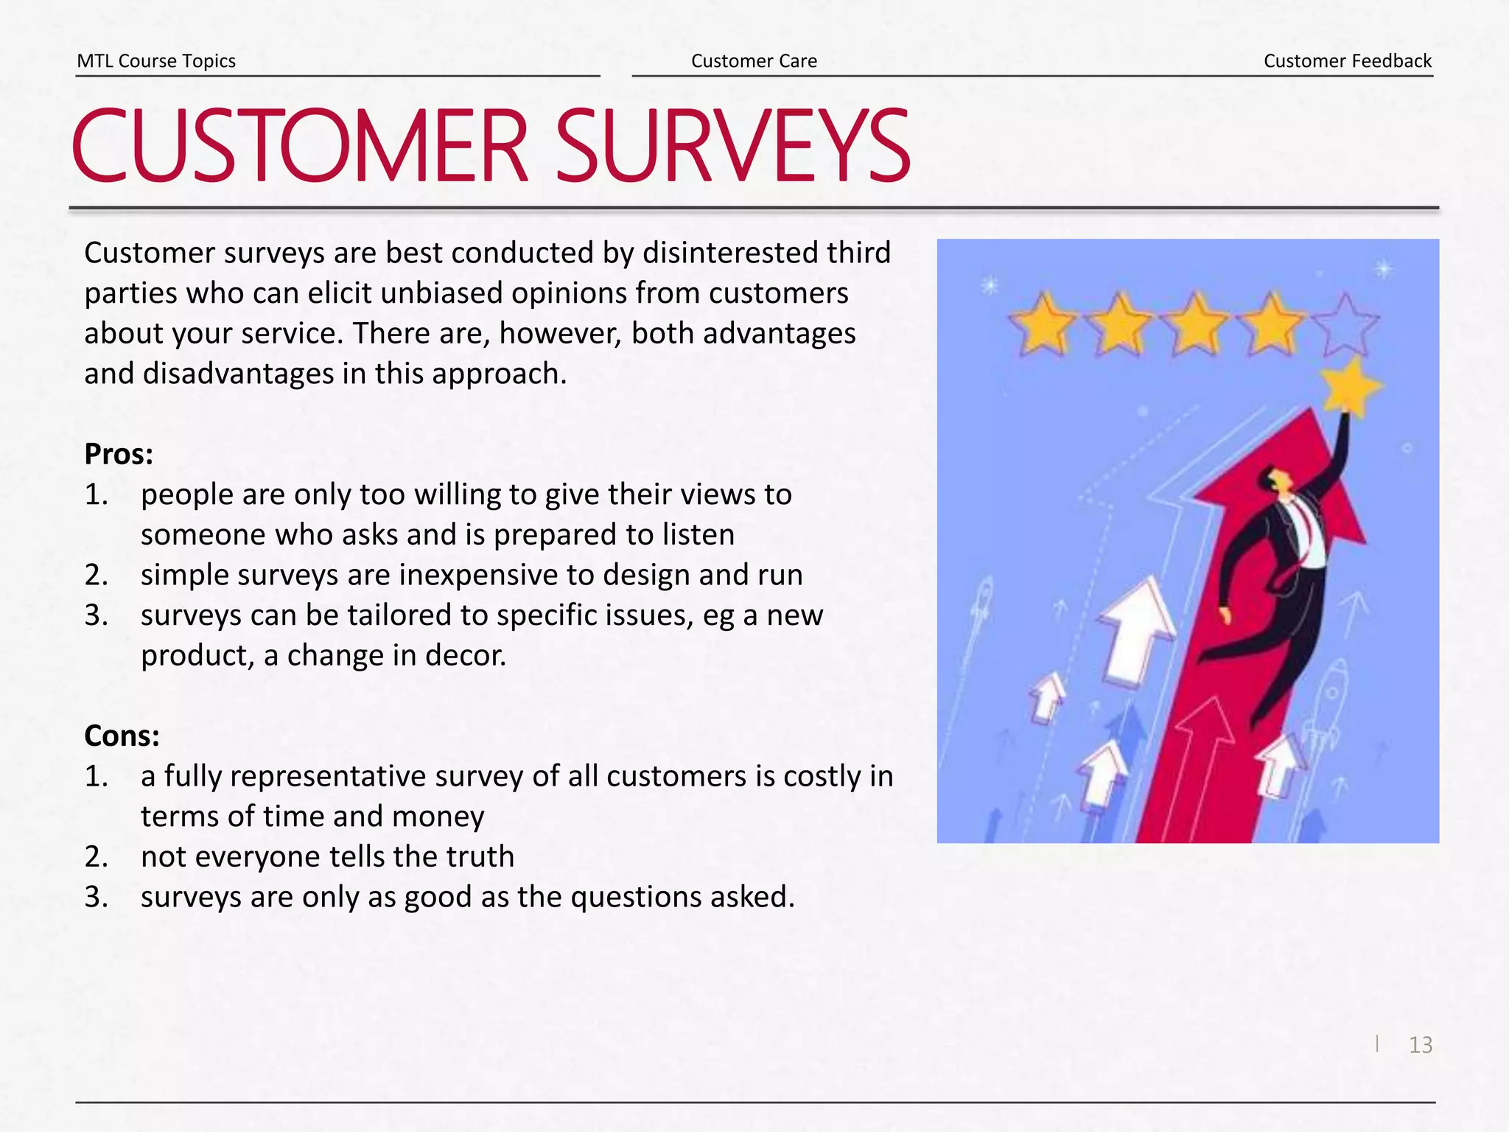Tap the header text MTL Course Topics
pos(156,60)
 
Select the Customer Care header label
pos(754,60)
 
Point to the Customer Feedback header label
pos(1348,60)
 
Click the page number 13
pos(1421,1044)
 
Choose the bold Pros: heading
pos(119,454)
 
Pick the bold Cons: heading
pos(122,736)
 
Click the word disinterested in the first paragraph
pos(729,253)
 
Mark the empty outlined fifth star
pos(1345,324)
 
